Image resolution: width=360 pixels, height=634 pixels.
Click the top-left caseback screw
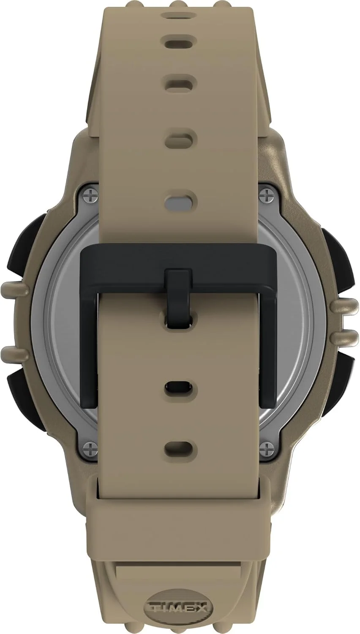click(92, 195)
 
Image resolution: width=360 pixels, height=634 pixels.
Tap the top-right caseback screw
click(267, 195)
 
